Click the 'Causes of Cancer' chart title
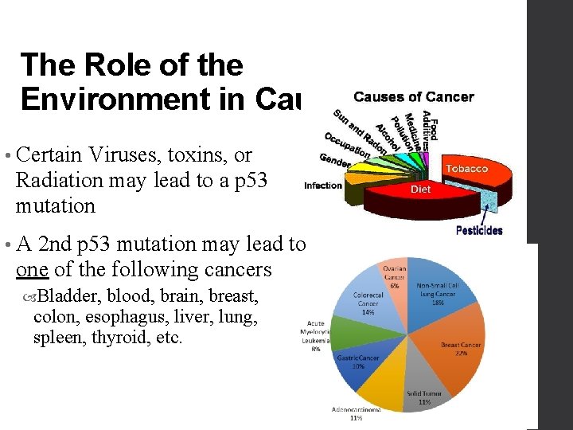tap(413, 97)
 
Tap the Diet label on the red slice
tap(420, 190)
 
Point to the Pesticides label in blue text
tap(479, 230)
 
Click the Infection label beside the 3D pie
tap(322, 186)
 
